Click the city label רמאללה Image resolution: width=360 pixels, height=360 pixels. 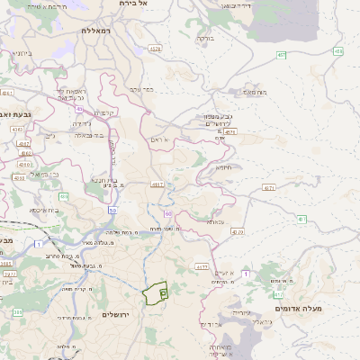94,31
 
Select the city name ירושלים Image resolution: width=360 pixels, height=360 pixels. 117,314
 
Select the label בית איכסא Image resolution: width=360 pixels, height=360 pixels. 43,210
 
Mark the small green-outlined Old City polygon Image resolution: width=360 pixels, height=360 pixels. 156,292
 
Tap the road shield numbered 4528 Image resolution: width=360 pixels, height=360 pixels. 155,49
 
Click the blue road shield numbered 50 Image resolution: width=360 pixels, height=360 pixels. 112,210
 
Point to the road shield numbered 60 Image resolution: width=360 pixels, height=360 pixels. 168,213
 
